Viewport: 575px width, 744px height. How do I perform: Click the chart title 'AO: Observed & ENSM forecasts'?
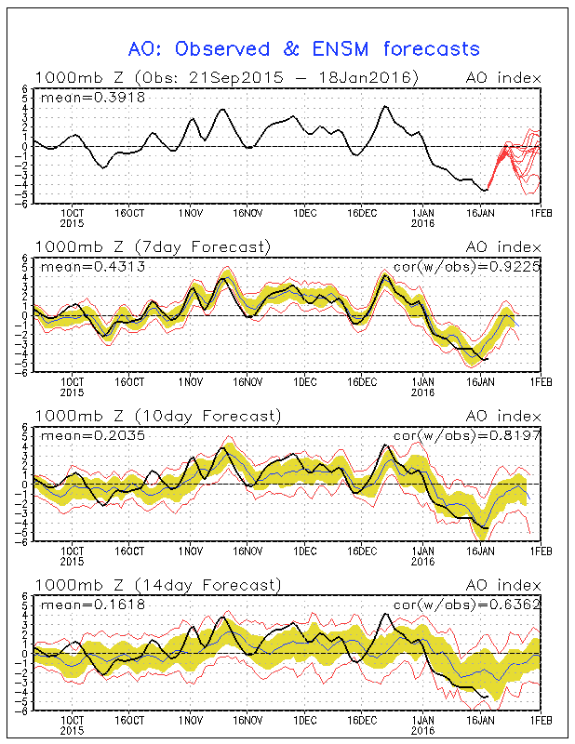[x=302, y=48]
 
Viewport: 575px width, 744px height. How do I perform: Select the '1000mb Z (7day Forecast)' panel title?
[x=154, y=246]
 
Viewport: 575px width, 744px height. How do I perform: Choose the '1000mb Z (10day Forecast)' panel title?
[x=157, y=416]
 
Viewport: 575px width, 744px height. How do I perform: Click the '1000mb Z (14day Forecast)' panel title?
[x=157, y=585]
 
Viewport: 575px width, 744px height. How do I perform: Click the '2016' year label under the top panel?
[x=423, y=223]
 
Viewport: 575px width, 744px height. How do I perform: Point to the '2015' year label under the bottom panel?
[x=73, y=730]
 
